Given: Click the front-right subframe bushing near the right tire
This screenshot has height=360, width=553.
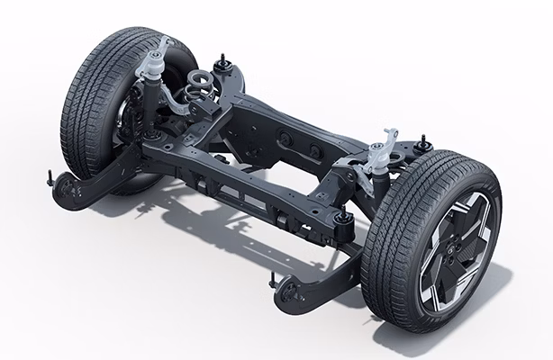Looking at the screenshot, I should tap(342, 221).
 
